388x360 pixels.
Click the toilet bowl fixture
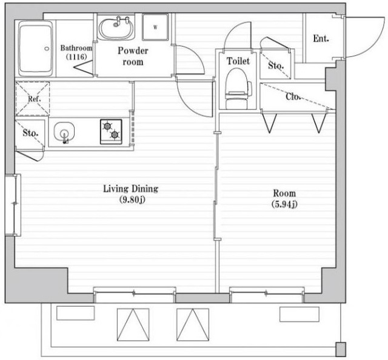[238, 88]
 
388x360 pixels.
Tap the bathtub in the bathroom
[36, 48]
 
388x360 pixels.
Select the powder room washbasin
[116, 28]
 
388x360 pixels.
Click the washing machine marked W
[155, 27]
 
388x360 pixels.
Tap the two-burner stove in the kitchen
[111, 132]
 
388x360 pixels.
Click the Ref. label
[34, 99]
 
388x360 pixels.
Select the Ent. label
[321, 38]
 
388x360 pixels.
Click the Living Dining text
[131, 188]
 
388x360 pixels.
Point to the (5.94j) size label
[284, 204]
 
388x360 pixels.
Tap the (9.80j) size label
[132, 199]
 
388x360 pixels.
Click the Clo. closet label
[293, 96]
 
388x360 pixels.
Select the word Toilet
[238, 61]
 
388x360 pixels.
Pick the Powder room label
[133, 56]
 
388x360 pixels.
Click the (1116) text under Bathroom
[76, 57]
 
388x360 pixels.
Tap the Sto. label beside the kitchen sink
[30, 133]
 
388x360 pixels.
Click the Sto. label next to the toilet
[276, 66]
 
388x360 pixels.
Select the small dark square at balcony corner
[341, 349]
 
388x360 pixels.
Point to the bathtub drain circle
[47, 48]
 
